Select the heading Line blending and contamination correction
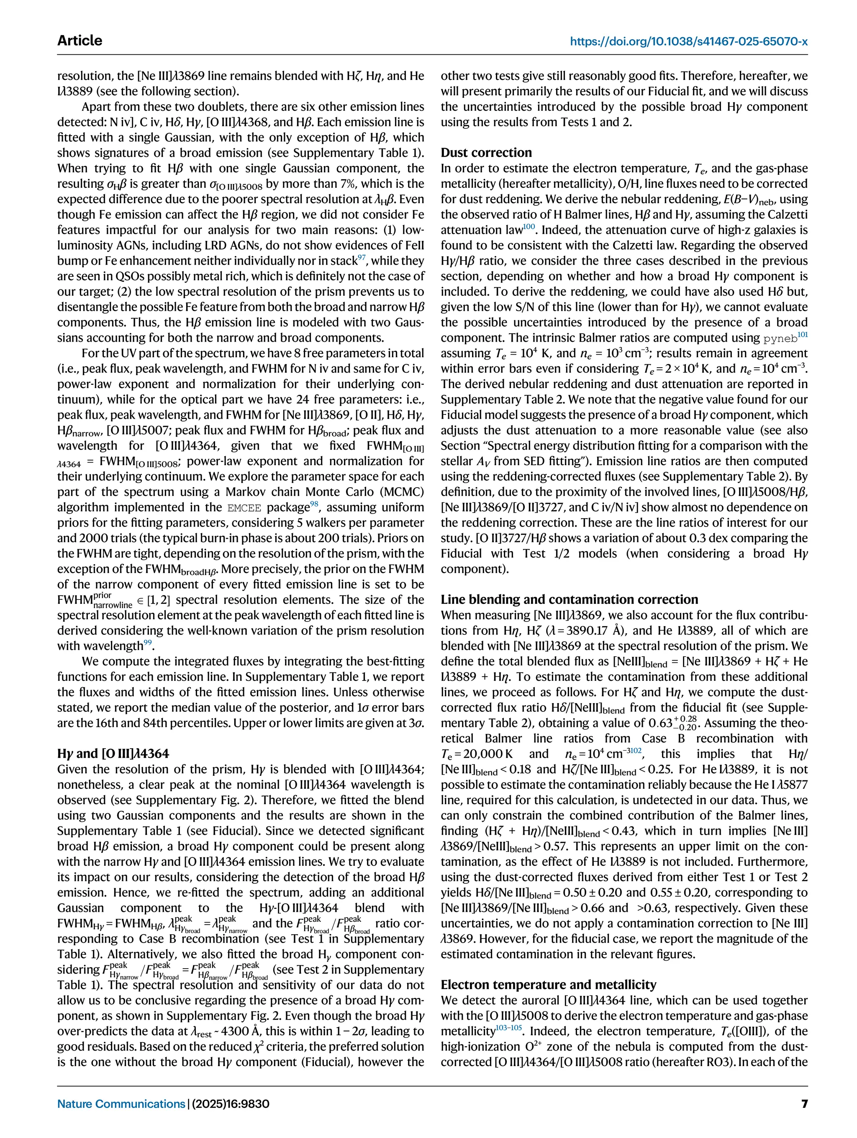569,599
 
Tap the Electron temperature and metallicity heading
548,985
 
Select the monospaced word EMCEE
244,508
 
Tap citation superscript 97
362,256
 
